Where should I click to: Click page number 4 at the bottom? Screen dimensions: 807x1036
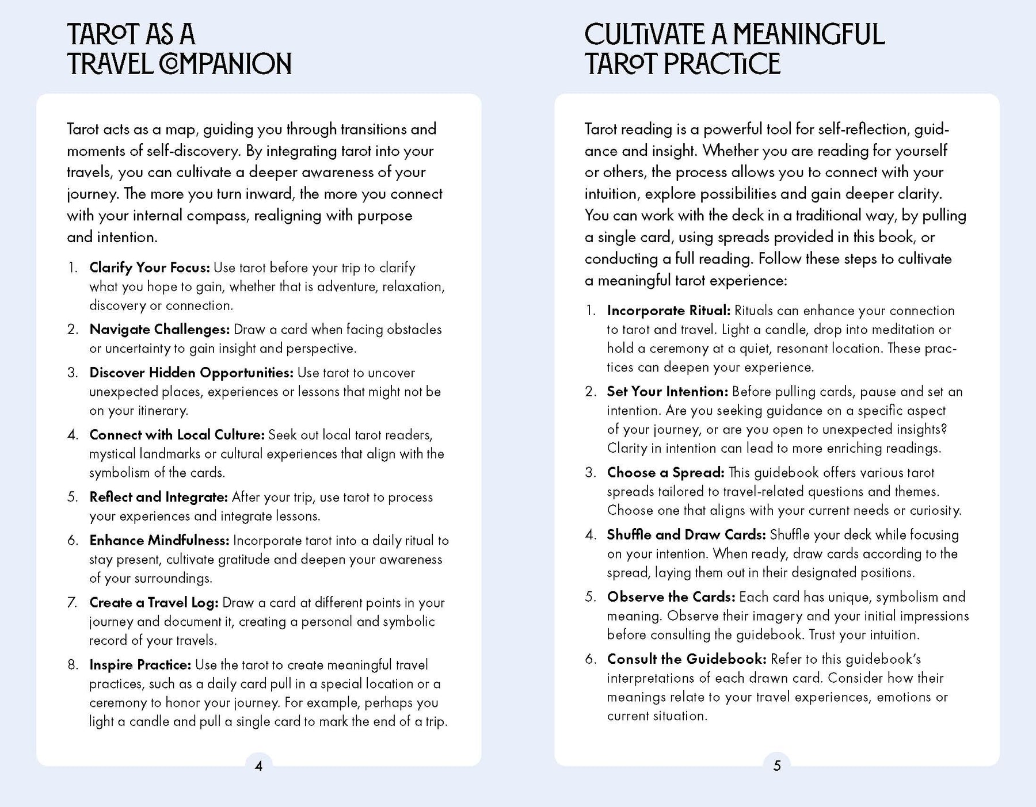(x=258, y=766)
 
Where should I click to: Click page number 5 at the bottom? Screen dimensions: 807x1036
(x=777, y=766)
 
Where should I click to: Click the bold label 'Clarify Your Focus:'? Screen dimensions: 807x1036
(x=150, y=267)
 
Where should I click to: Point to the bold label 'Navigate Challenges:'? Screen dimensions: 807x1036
(x=159, y=330)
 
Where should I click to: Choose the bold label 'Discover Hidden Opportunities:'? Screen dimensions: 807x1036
(x=191, y=373)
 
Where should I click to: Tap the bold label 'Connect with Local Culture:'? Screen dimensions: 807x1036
(x=177, y=435)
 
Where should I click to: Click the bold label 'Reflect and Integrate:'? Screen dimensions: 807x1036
(x=159, y=497)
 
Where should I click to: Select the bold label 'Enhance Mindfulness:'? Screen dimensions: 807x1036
(x=159, y=541)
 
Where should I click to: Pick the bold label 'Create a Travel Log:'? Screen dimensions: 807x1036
(x=154, y=603)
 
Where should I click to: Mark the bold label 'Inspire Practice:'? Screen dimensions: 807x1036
(x=140, y=665)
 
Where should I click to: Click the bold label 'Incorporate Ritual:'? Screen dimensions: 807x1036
(x=668, y=311)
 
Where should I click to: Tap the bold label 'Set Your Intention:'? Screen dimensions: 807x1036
(x=668, y=392)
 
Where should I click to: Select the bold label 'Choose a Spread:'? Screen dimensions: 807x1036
(x=665, y=473)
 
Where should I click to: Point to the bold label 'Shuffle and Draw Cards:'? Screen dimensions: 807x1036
(x=686, y=535)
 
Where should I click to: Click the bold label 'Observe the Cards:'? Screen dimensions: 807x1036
(x=671, y=597)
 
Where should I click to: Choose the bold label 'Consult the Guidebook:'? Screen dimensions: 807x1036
(x=687, y=659)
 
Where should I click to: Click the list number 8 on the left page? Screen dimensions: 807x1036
(x=73, y=665)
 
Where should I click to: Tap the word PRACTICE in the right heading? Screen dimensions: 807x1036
(x=722, y=64)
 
